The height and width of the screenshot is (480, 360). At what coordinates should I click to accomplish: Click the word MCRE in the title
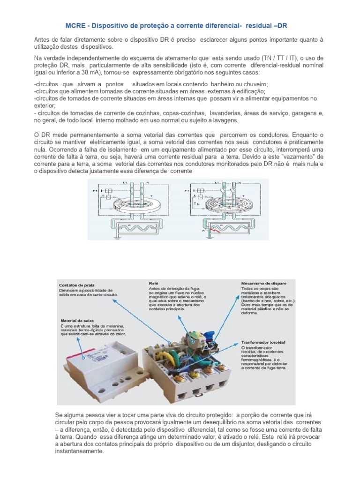74,24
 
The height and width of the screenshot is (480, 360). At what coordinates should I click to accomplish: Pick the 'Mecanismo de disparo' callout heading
262,283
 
